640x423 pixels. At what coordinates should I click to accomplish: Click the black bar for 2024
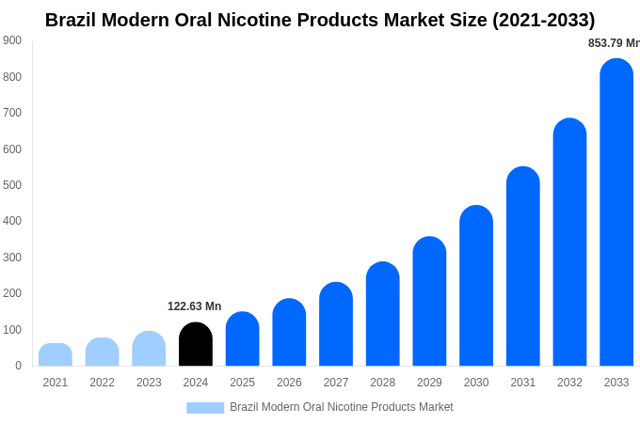pyautogui.click(x=196, y=344)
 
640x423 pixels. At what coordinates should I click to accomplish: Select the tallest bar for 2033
pyautogui.click(x=616, y=212)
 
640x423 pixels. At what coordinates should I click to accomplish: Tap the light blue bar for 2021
pyautogui.click(x=56, y=354)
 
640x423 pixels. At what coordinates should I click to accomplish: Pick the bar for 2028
pyautogui.click(x=383, y=314)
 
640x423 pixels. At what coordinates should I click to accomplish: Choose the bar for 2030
pyautogui.click(x=476, y=286)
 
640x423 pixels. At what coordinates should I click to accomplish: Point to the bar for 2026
pyautogui.click(x=289, y=333)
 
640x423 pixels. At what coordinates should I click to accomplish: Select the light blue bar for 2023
pyautogui.click(x=149, y=349)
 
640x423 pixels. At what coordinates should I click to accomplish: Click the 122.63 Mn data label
pyautogui.click(x=195, y=306)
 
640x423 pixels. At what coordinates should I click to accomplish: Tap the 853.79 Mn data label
pyautogui.click(x=613, y=43)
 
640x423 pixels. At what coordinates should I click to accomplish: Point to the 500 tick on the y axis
pyautogui.click(x=12, y=185)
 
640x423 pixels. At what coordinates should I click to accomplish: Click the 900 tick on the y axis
pyautogui.click(x=12, y=40)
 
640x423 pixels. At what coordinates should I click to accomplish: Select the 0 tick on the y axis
pyautogui.click(x=18, y=366)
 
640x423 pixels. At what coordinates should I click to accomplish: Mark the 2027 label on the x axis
pyautogui.click(x=336, y=383)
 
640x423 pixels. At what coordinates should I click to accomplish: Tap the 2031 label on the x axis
pyautogui.click(x=523, y=383)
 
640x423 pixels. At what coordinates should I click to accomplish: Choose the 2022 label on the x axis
pyautogui.click(x=102, y=383)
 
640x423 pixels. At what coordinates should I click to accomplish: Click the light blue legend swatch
pyautogui.click(x=205, y=408)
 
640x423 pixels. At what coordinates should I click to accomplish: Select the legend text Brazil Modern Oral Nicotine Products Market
pyautogui.click(x=342, y=407)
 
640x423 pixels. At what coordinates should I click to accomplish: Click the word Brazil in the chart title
pyautogui.click(x=72, y=20)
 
